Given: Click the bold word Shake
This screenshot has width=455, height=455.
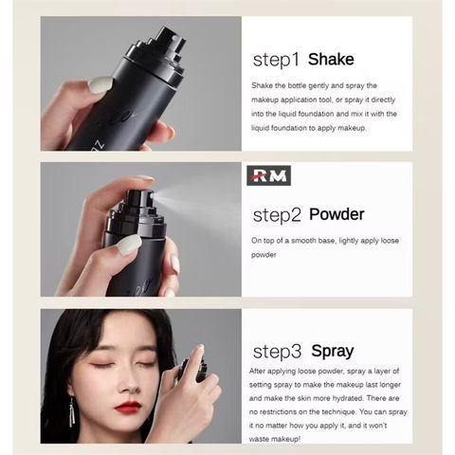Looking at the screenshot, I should [x=330, y=60].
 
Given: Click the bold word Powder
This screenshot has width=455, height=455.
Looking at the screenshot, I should [x=337, y=214].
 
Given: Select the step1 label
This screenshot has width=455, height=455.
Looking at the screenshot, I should [x=275, y=60].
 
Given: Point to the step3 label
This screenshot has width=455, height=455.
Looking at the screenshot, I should [x=276, y=351].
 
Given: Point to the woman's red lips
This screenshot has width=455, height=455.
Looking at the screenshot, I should [x=128, y=407].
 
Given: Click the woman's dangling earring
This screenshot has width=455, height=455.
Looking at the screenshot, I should [x=72, y=411].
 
